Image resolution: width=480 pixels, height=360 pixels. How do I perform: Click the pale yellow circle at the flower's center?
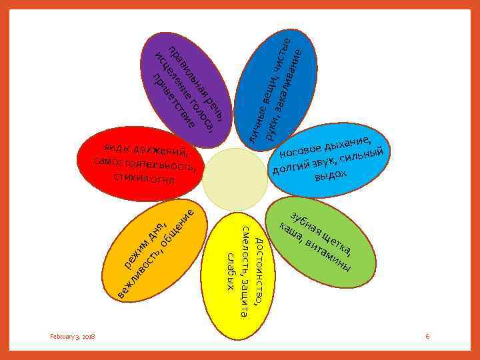coord(235,179)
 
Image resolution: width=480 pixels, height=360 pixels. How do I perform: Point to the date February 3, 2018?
coord(73,337)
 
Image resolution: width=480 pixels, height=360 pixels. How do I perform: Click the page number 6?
coord(427,337)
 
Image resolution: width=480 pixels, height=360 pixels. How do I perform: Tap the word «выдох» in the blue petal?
coord(331,175)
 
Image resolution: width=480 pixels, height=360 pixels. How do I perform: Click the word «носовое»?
coord(301,147)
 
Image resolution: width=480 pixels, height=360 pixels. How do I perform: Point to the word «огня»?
coord(161,179)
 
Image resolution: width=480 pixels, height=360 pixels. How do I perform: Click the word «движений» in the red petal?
coord(160,148)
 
